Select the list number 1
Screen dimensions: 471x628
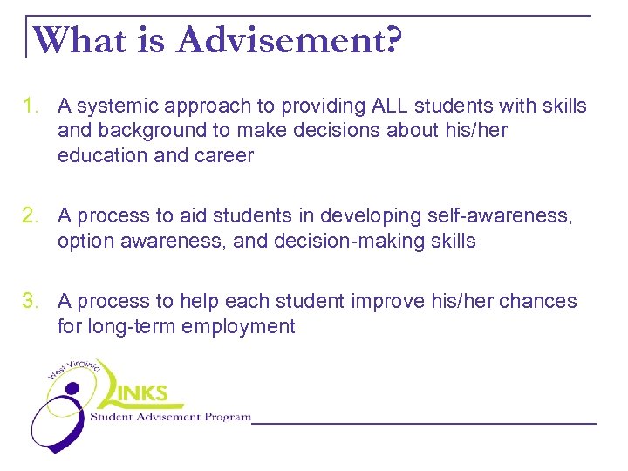(x=32, y=106)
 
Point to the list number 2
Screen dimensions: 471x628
(x=32, y=216)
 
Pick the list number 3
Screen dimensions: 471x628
(x=32, y=302)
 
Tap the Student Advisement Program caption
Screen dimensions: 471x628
(x=171, y=417)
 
